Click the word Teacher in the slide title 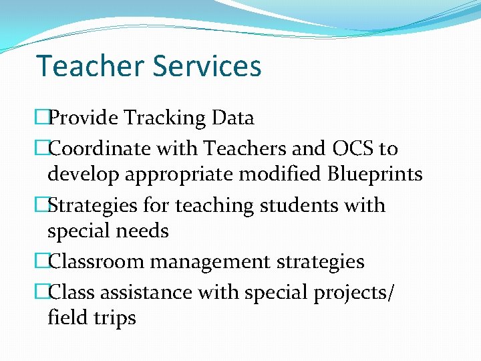[90, 66]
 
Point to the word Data [232, 118]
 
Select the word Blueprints [375, 174]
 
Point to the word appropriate [183, 175]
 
